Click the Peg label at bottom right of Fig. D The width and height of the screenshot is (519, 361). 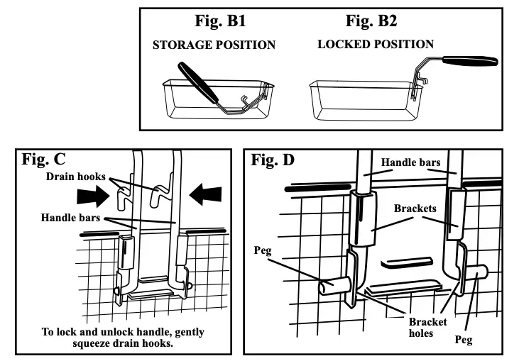tap(464, 340)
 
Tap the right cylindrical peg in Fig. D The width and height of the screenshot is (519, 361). tap(476, 270)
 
